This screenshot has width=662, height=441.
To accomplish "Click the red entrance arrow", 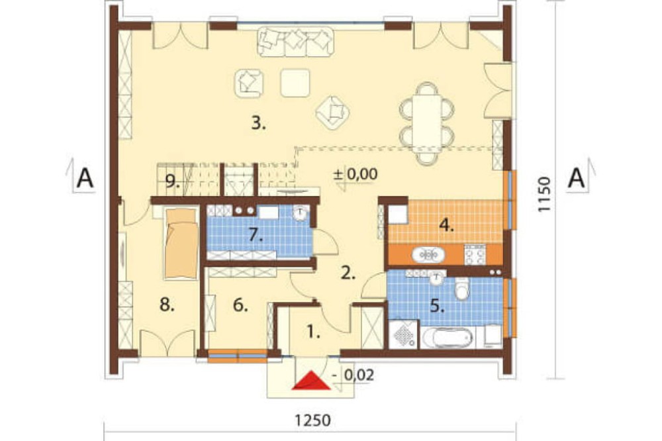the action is (x=312, y=380).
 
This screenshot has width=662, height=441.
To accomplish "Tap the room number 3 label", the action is (x=258, y=124).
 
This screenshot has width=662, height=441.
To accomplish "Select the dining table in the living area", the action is (x=427, y=123).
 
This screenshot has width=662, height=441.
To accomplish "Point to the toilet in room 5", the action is (x=461, y=288).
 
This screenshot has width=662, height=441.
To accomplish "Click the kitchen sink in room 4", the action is (x=428, y=255).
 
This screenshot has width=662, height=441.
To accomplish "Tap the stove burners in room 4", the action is (x=475, y=254).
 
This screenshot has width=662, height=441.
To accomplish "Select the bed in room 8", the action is (x=181, y=244).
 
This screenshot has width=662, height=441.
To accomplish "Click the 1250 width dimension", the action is (x=312, y=420).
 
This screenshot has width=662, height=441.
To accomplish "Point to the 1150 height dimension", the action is (x=544, y=194).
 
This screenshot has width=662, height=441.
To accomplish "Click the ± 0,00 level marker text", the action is (x=355, y=174).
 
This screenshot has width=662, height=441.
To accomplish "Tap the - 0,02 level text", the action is (x=353, y=375).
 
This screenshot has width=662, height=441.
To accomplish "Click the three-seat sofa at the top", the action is (x=295, y=42).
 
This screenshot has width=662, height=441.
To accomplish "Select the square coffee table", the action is (x=295, y=83).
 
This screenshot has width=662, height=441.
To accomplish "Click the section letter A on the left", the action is (x=85, y=178).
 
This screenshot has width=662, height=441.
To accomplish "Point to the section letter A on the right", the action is (x=577, y=178).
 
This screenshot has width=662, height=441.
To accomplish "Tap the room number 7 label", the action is (x=256, y=235).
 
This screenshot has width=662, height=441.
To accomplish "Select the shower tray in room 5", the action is (x=403, y=334).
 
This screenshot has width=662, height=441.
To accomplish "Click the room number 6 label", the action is (x=240, y=305).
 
